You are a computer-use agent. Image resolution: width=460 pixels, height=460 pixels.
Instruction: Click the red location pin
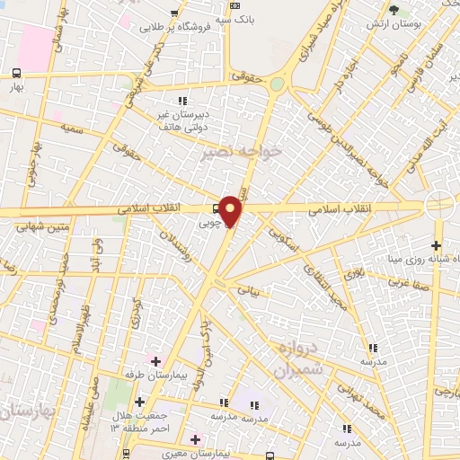coord(231,212)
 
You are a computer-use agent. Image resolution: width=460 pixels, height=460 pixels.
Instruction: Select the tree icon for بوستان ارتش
coord(394,10)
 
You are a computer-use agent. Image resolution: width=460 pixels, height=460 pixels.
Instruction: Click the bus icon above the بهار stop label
coord(17,73)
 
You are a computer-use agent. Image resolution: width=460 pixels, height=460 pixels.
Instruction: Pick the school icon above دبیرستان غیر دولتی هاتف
coord(183,101)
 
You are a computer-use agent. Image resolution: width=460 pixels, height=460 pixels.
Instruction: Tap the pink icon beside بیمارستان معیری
coord(195,438)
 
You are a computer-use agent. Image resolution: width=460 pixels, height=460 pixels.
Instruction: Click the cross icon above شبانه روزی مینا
coord(437,244)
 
